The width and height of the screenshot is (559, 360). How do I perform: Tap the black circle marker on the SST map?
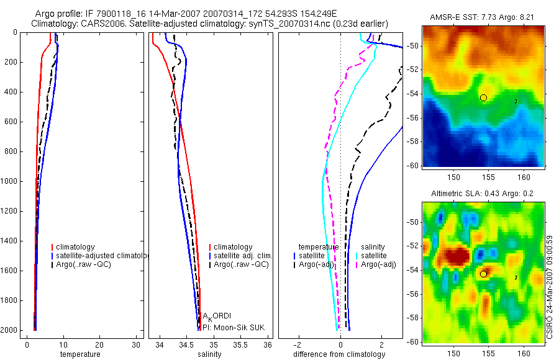483,97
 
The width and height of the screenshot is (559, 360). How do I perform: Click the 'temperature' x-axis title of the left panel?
80,354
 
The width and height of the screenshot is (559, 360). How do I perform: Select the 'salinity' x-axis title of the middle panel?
210,354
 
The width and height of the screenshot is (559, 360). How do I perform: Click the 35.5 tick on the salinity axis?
241,344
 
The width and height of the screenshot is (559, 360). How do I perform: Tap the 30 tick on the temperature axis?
135,344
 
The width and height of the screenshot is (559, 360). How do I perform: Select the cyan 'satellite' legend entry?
374,256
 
